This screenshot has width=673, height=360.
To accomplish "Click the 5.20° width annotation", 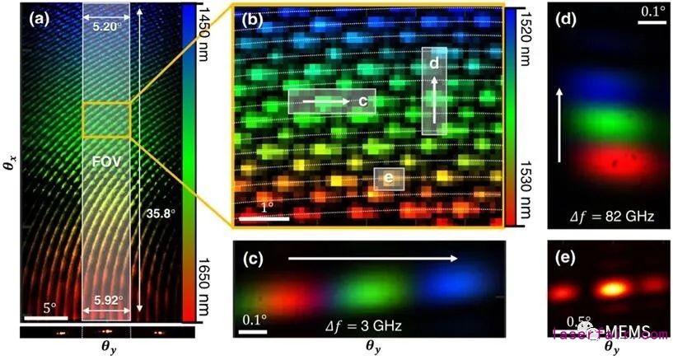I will click(x=106, y=24).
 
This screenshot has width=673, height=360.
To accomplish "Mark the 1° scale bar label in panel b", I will click(x=266, y=208).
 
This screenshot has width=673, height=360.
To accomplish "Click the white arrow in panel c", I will click(x=372, y=259).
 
